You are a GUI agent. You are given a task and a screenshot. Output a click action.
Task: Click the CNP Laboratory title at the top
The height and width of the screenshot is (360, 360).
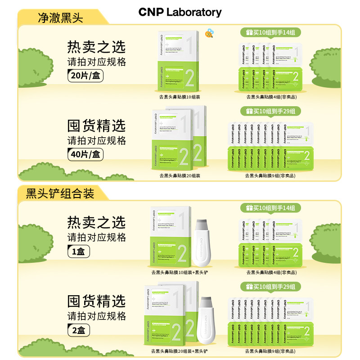click(x=180, y=12)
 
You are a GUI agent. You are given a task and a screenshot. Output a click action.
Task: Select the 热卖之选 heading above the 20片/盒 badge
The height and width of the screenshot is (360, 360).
click(x=96, y=47)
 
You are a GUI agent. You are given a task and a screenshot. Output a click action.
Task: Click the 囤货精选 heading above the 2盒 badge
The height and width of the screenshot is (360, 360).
click(x=96, y=301)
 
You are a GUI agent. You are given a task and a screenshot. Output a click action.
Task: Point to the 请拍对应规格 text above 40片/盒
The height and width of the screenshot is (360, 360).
click(x=96, y=140)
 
